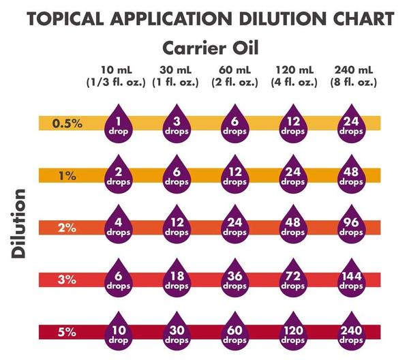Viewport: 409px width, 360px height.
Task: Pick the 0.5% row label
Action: click(68, 123)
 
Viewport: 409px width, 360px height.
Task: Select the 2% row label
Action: click(67, 228)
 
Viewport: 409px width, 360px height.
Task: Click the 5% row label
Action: click(67, 333)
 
